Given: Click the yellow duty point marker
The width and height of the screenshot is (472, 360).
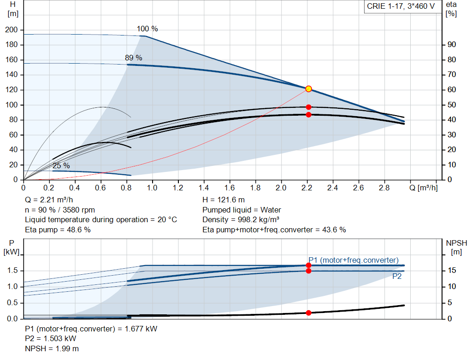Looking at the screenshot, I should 308,89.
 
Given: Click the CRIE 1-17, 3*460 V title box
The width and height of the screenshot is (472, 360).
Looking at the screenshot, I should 401,6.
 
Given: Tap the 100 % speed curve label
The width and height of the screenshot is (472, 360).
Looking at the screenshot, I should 147,29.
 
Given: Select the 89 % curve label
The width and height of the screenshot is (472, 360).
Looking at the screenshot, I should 134,58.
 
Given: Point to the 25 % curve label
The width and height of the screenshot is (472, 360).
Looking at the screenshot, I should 61,165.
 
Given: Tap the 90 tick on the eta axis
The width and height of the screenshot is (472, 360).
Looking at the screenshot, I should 451,45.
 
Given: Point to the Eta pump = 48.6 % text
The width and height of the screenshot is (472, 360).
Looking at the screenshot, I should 58,230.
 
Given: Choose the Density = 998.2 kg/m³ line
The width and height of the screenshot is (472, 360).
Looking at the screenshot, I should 241,219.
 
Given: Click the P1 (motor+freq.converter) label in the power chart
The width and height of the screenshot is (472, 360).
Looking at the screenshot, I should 354,260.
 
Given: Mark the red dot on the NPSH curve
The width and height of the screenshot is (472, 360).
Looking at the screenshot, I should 308,313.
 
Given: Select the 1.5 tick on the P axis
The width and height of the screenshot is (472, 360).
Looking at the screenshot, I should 12,270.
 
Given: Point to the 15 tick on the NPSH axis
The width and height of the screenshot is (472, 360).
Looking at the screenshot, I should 452,270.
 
